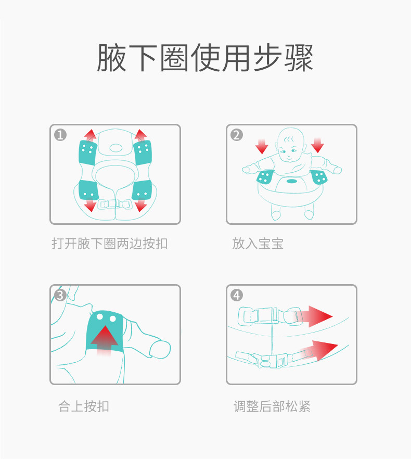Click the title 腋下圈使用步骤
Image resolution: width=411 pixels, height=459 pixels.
coord(205,58)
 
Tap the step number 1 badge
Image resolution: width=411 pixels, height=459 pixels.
coord(61,135)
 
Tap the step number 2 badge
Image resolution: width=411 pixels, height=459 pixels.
coord(237,135)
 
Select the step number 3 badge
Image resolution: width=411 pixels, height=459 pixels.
coord(61,296)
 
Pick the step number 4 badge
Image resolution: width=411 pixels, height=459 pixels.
coord(237,296)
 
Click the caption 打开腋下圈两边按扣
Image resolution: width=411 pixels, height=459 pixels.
coord(110,244)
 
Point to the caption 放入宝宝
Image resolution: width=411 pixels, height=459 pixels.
coord(258,244)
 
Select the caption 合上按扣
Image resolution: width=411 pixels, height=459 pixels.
coord(84,406)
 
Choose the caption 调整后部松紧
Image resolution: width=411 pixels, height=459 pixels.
coord(272,406)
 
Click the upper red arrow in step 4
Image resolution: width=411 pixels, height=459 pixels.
coord(317,316)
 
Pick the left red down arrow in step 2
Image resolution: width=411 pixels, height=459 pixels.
coord(262,145)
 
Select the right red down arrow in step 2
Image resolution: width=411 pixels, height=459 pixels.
coord(317,145)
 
